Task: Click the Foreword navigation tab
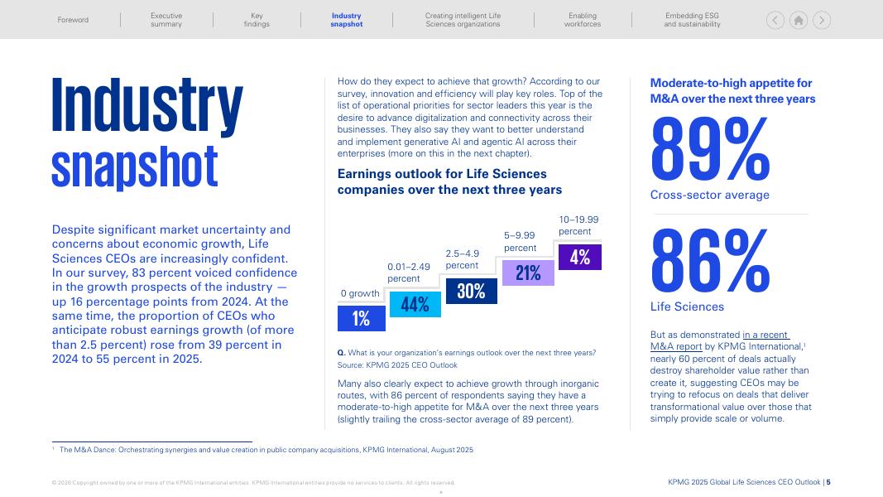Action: click(x=73, y=20)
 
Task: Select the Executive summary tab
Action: click(x=166, y=20)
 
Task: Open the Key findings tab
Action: click(x=257, y=20)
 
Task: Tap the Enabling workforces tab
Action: click(x=583, y=20)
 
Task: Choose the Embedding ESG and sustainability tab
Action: click(x=692, y=20)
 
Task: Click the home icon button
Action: click(x=799, y=21)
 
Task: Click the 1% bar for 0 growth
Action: click(x=361, y=319)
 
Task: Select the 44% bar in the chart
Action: click(x=415, y=304)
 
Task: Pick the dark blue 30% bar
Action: click(x=471, y=291)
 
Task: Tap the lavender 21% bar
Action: click(x=528, y=273)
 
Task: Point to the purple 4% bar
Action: click(x=580, y=257)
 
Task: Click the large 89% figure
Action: click(x=710, y=149)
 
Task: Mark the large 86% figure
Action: click(x=710, y=262)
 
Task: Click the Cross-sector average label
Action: click(x=709, y=195)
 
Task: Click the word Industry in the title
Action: click(x=147, y=106)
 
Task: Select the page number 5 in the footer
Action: click(x=828, y=483)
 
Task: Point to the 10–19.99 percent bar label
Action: click(x=578, y=225)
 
